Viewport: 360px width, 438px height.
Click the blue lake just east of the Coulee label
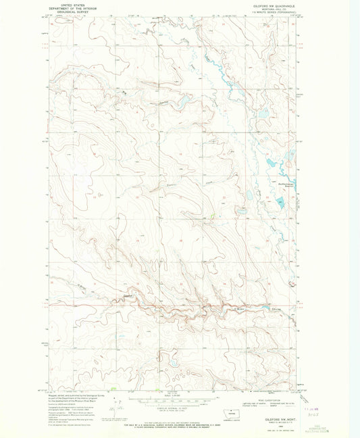click(182, 103)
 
